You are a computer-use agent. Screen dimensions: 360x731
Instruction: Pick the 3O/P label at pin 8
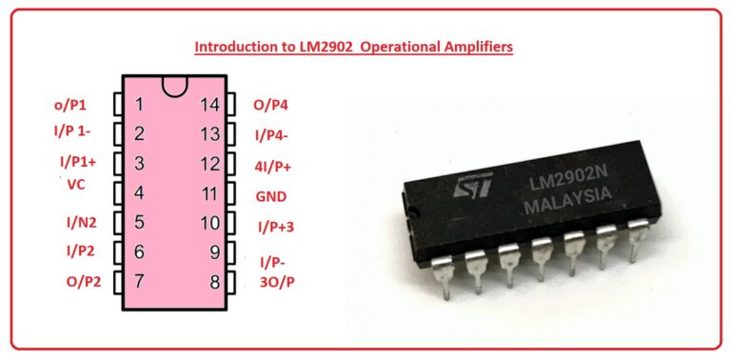(277, 282)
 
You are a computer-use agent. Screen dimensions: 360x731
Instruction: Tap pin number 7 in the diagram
(139, 281)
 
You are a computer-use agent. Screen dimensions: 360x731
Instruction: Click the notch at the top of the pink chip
(174, 88)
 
